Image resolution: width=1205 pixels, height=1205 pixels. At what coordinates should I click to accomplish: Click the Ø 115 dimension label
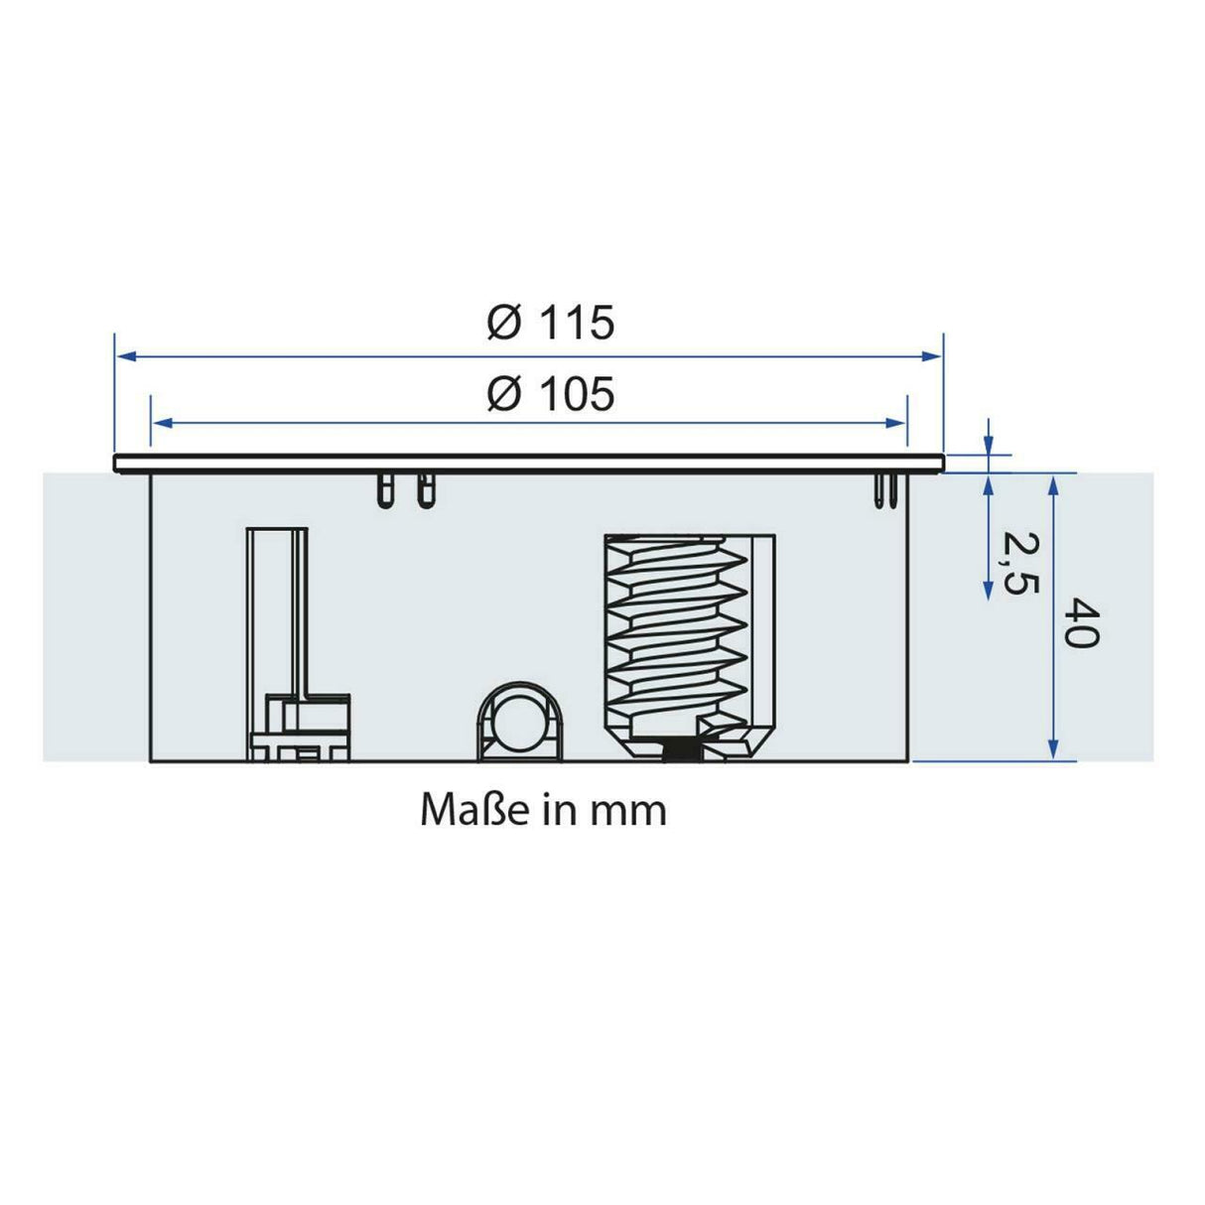pos(551,324)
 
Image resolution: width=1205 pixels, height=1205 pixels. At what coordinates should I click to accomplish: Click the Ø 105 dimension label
pos(551,394)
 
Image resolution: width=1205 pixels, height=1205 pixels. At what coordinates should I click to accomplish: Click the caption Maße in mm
pos(543,810)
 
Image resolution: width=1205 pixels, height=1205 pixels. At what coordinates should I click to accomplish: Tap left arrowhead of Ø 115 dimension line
pos(125,356)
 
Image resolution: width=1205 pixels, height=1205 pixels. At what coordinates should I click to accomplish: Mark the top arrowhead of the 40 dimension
pos(1053,483)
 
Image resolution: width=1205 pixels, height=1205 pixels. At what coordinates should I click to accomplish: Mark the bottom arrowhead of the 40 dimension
pos(1053,751)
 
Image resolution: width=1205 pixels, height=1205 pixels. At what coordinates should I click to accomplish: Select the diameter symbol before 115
pos(504,324)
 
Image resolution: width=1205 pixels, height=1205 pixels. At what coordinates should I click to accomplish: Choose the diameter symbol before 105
pos(504,394)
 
